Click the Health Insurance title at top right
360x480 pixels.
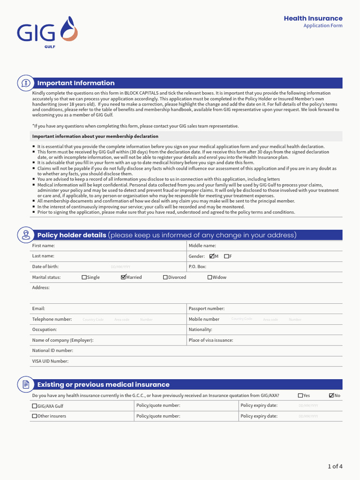(313, 18)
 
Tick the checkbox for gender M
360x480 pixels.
(212, 256)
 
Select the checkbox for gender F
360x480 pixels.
(226, 256)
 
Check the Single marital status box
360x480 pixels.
(84, 277)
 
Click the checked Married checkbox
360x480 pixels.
(123, 277)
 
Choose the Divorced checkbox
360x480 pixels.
(165, 277)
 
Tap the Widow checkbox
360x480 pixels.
(210, 277)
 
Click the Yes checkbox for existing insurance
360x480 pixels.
(300, 396)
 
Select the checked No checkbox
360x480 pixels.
(331, 396)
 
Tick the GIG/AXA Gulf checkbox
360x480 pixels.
(35, 406)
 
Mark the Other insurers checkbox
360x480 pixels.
(35, 416)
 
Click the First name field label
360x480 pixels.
(43, 246)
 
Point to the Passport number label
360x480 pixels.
(206, 308)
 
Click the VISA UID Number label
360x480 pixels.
(50, 361)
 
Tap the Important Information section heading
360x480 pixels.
(76, 83)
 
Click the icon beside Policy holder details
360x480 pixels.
(25, 235)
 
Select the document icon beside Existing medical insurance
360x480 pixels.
(25, 384)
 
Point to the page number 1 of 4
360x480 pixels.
(335, 466)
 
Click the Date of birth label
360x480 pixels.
(45, 266)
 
